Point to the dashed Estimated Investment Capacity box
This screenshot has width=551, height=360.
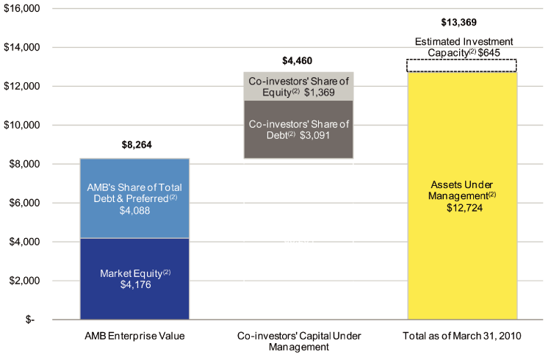(461, 65)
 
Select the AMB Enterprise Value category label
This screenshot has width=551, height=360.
(135, 336)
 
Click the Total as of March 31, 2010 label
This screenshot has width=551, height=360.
(461, 336)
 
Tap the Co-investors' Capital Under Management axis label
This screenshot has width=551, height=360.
(298, 341)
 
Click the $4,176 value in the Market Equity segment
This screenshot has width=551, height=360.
(134, 285)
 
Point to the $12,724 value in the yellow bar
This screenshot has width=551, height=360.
(461, 209)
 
